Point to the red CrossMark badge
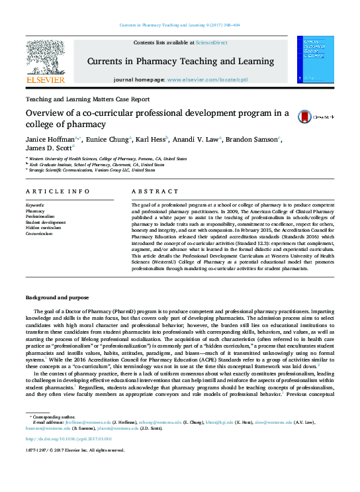305,116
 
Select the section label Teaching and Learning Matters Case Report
87,99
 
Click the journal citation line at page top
179,25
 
